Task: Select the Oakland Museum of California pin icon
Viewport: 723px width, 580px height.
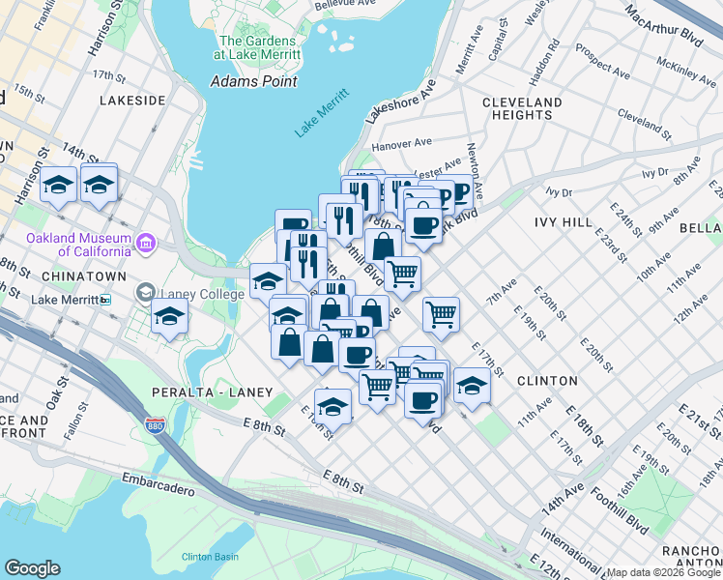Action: [x=146, y=239]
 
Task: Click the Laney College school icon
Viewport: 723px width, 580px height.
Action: [x=145, y=292]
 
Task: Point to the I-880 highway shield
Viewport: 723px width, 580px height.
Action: [x=154, y=424]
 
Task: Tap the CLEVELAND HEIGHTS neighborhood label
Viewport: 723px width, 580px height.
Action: [x=521, y=108]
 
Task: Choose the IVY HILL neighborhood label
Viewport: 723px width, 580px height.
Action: [x=563, y=221]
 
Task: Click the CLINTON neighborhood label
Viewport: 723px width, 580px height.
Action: [x=547, y=381]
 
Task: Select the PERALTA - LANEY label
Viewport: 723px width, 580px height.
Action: [x=202, y=391]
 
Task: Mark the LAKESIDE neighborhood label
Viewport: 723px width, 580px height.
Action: [x=132, y=100]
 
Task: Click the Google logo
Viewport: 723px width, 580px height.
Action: [x=32, y=568]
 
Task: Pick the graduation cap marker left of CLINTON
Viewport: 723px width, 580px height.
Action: [x=472, y=384]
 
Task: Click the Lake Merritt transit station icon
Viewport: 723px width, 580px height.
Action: [x=105, y=300]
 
